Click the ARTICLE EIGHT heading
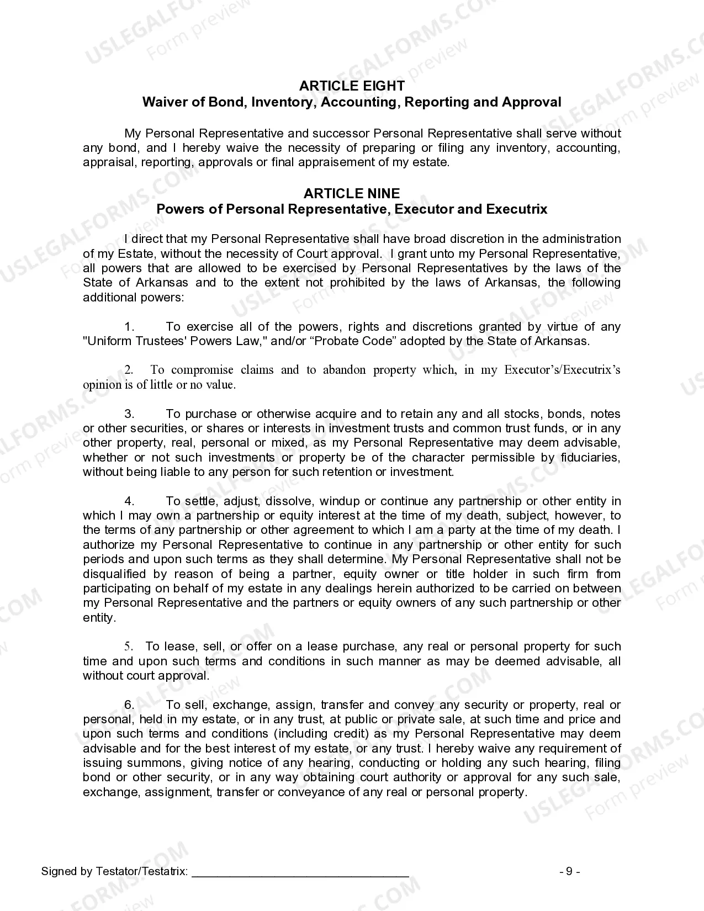tap(352, 86)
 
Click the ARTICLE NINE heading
tap(352, 193)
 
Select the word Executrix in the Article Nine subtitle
tap(517, 209)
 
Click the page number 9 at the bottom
tap(569, 871)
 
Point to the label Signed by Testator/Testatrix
tap(114, 872)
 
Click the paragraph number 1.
tap(130, 327)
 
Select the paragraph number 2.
tap(129, 370)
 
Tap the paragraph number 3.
tap(130, 414)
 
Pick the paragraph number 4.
tap(130, 501)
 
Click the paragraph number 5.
tap(129, 647)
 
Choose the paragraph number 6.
tap(130, 705)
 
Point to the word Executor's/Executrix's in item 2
tap(562, 370)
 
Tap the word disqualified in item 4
tap(114, 574)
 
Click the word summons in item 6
tap(156, 763)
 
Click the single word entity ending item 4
tap(99, 618)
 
